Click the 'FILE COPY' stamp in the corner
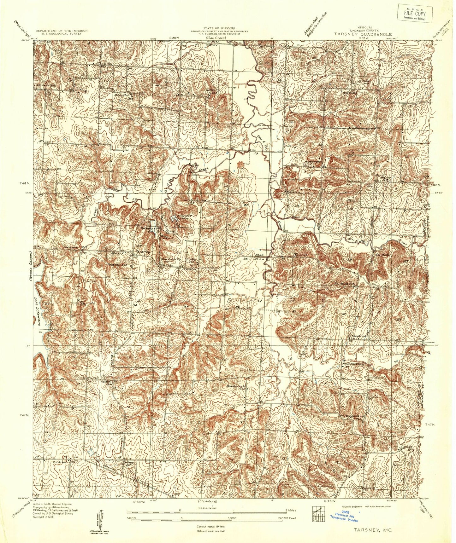pos(416,14)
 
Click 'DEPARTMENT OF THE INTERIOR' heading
pos(61,31)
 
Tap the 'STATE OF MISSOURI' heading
pos(219,28)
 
